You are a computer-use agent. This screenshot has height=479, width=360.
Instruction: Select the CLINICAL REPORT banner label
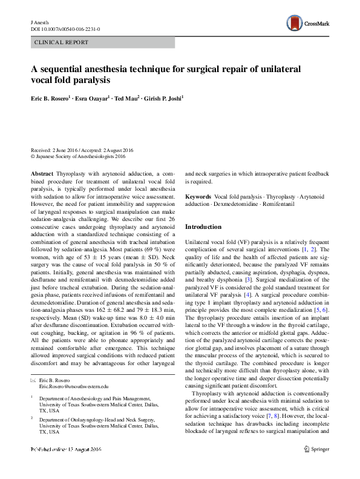[x=62, y=42]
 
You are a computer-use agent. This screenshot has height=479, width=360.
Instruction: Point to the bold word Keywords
[x=198, y=197]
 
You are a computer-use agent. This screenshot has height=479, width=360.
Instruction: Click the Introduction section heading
[x=203, y=226]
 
